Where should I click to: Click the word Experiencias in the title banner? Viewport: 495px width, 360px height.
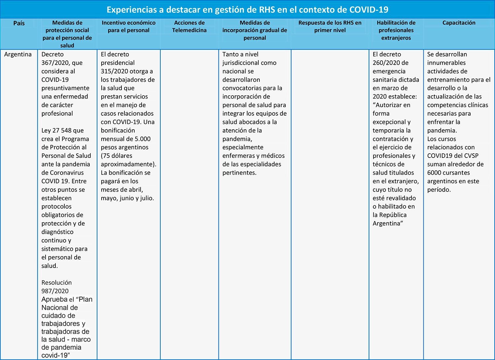tap(131, 10)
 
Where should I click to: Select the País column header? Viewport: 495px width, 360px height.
tap(19, 23)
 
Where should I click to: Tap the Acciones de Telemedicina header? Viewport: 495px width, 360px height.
tap(189, 26)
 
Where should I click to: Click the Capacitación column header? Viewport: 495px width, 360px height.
tap(459, 23)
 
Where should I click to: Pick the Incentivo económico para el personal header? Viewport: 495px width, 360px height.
tap(128, 26)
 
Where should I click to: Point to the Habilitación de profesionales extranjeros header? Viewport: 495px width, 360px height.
tap(396, 30)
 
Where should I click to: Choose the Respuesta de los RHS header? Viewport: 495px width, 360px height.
tap(330, 26)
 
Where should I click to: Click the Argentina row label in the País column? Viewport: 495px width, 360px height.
tap(18, 54)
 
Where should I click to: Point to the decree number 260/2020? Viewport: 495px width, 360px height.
tap(386, 63)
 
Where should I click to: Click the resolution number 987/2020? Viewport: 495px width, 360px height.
tap(55, 291)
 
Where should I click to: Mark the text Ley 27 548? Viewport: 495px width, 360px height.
tap(62, 131)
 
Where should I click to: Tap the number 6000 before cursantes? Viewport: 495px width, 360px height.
tap(434, 173)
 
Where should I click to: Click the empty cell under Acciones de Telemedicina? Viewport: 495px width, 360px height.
tap(189, 198)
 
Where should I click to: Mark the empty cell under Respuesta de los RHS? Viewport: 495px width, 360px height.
tap(330, 198)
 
